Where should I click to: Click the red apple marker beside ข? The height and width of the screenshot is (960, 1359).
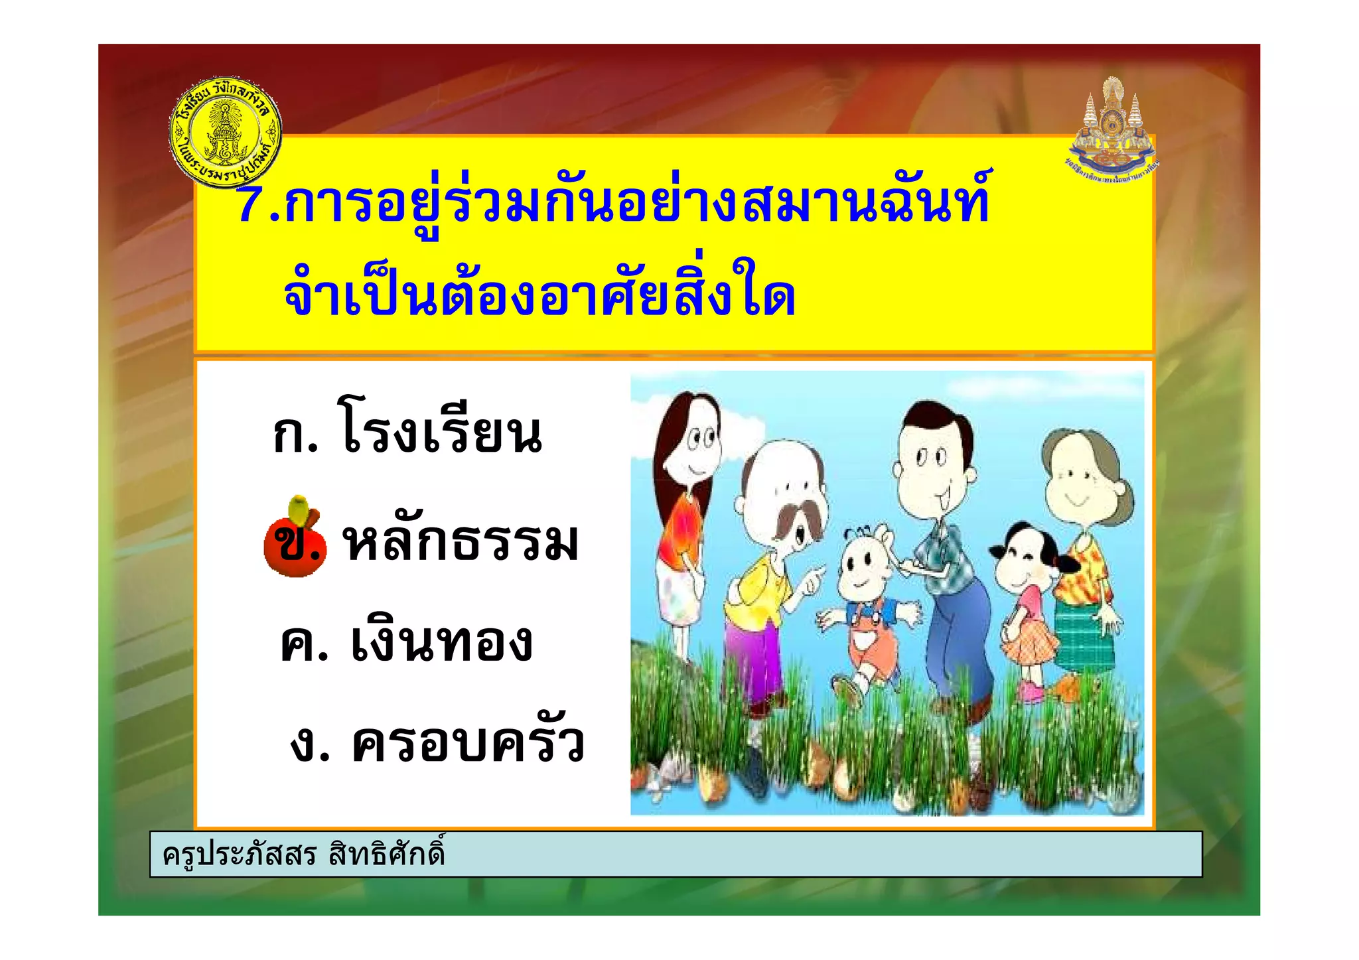click(295, 541)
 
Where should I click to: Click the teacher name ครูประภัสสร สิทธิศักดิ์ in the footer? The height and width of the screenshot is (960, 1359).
click(303, 854)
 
